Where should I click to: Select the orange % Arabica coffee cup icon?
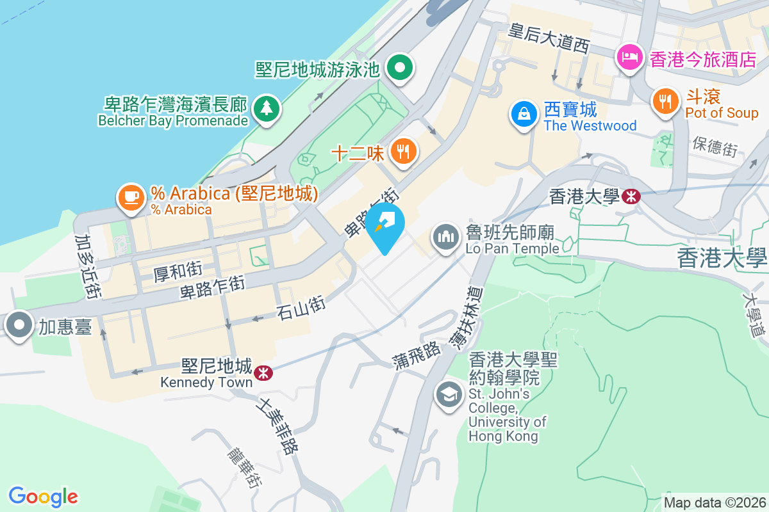132,197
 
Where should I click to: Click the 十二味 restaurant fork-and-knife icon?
403,152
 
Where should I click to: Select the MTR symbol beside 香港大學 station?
631,196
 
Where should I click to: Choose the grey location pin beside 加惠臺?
20,326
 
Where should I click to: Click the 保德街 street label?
715,146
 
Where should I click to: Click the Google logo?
43,496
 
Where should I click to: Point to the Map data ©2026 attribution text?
715,502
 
